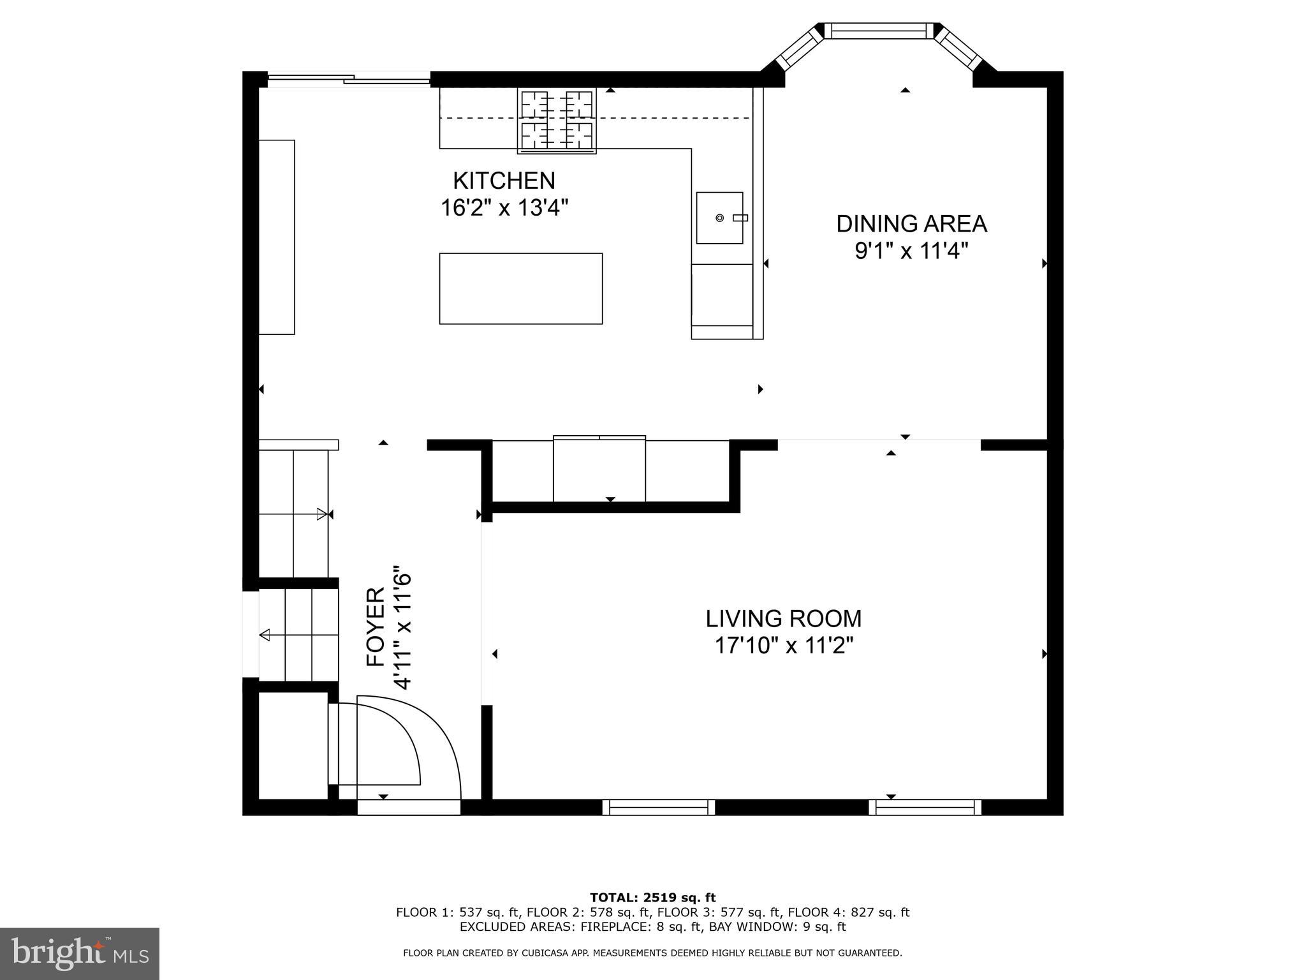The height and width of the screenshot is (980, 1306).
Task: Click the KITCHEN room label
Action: [504, 181]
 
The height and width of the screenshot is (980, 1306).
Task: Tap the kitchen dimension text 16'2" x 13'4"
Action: [504, 208]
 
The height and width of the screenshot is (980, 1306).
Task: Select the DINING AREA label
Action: [911, 224]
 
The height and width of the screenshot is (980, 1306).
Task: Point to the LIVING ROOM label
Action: [783, 619]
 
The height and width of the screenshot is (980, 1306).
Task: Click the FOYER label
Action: [376, 627]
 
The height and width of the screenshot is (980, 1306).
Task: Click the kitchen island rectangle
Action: [520, 288]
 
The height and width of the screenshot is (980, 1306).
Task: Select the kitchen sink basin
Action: [719, 218]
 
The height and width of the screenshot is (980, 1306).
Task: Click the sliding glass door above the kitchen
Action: [349, 79]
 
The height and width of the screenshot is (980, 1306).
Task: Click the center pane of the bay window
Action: [878, 30]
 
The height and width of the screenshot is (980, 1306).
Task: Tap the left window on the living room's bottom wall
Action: [658, 808]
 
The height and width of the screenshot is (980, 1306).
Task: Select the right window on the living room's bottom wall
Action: [925, 808]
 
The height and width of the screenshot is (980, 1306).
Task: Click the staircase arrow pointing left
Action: [265, 635]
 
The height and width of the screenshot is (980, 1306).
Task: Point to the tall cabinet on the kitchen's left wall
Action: [277, 237]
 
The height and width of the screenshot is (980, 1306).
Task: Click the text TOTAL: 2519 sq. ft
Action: [652, 898]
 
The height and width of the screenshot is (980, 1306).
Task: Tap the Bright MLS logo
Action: [79, 954]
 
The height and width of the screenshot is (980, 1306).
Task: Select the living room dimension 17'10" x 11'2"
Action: [783, 646]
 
